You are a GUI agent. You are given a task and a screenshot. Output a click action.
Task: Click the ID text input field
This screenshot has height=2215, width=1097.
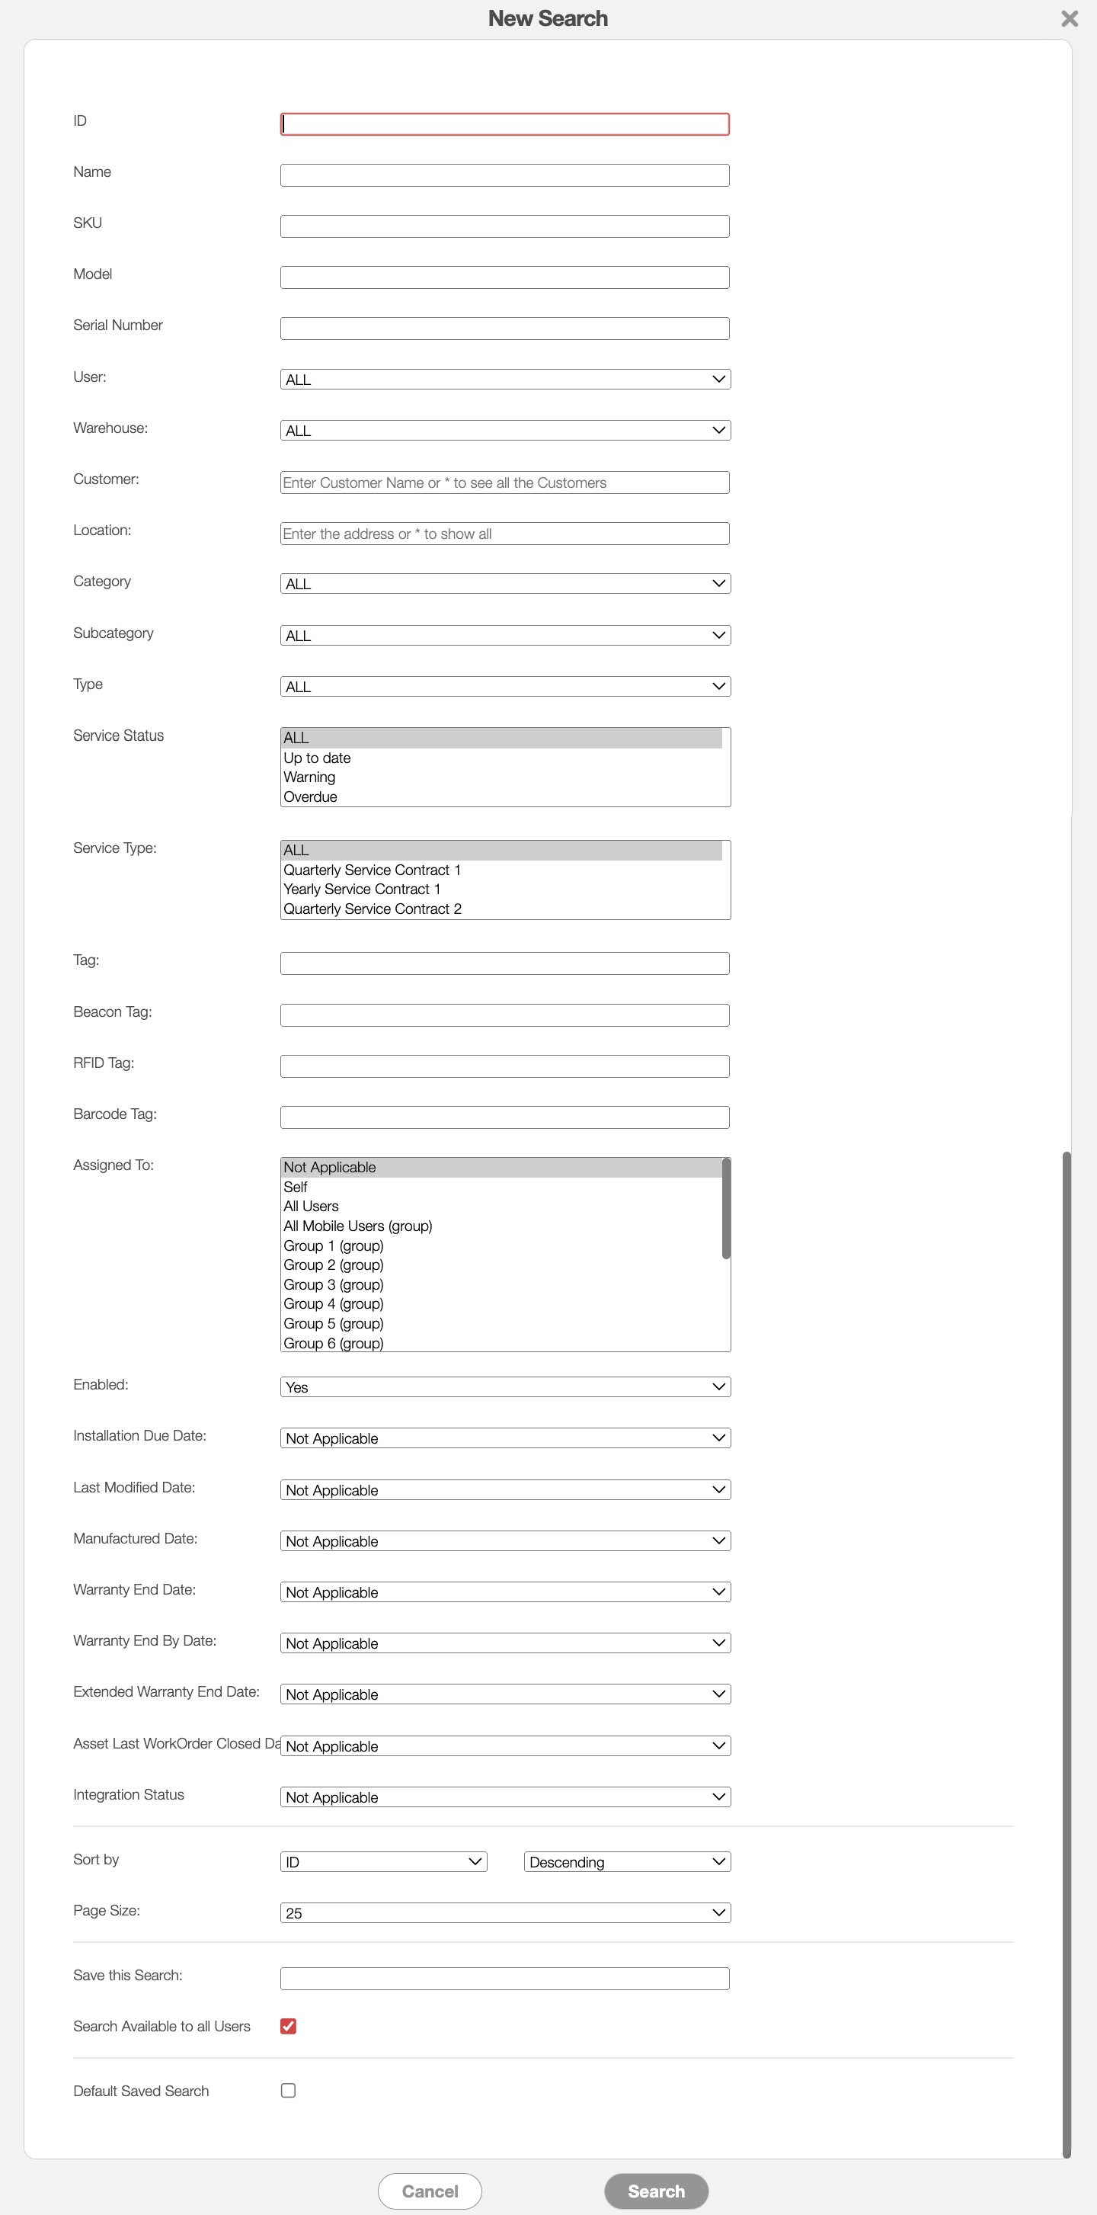tap(504, 123)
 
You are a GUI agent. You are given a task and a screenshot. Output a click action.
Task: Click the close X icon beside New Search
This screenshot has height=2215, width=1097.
tap(1069, 18)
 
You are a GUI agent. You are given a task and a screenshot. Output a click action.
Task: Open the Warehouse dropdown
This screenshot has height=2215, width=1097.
tap(504, 430)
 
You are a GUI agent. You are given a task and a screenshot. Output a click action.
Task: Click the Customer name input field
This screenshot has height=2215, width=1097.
tap(504, 482)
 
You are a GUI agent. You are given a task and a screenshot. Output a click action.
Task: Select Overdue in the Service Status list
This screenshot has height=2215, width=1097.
tap(310, 797)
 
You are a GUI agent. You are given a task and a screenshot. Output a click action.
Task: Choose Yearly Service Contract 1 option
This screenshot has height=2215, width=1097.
tap(362, 889)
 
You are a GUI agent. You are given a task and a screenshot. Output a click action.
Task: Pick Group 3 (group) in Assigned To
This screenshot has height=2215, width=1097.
tap(334, 1284)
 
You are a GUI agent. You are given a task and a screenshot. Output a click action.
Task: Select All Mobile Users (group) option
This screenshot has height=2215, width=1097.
tap(357, 1226)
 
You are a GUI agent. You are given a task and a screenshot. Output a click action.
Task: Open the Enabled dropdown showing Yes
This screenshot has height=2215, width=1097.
tap(504, 1387)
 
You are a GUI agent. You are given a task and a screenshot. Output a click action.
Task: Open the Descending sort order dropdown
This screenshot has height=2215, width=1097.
tap(627, 1861)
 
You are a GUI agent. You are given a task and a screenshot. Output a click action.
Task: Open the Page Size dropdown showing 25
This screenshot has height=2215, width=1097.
tap(504, 1913)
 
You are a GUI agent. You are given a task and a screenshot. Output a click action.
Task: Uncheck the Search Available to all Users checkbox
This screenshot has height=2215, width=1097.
tap(288, 2026)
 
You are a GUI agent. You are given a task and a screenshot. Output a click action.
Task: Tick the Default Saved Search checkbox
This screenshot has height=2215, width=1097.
tap(288, 2090)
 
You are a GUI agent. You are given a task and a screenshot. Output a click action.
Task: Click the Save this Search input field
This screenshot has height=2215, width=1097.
tap(504, 1979)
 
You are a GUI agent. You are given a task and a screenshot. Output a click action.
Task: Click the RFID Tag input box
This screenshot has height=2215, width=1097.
tap(504, 1066)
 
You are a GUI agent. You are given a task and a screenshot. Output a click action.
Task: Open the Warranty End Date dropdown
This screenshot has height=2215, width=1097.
tap(504, 1592)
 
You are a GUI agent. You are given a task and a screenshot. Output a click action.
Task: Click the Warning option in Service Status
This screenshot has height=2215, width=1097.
tap(309, 777)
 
